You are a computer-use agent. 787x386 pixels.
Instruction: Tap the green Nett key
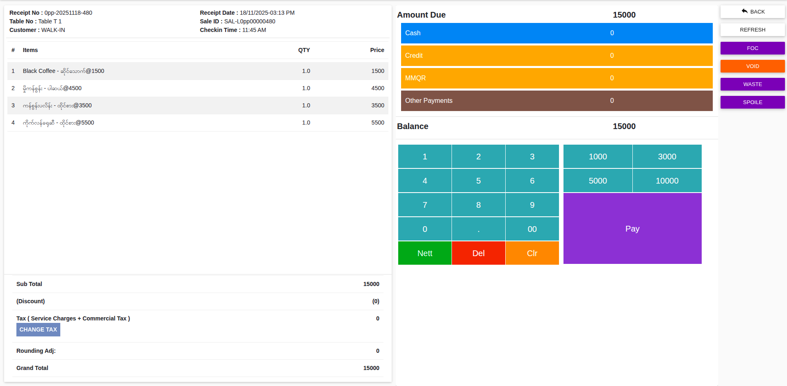click(x=424, y=253)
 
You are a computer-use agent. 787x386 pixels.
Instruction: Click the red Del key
click(x=478, y=253)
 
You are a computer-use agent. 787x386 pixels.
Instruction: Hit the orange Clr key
click(x=532, y=253)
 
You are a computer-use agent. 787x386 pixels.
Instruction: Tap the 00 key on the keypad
click(x=532, y=229)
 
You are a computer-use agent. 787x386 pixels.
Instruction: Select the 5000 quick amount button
click(x=598, y=181)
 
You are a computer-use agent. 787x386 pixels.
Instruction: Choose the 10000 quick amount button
click(x=667, y=181)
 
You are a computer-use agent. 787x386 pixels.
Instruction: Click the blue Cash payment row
click(x=557, y=33)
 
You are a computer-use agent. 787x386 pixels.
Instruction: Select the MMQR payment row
click(x=557, y=78)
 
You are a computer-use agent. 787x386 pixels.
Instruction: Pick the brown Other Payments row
click(x=557, y=101)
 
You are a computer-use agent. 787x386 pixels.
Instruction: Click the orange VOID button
click(x=752, y=66)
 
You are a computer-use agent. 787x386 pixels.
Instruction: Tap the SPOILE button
click(x=752, y=102)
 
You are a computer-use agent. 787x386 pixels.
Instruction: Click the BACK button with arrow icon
click(x=752, y=12)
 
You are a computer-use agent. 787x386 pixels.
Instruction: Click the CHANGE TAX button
click(x=38, y=330)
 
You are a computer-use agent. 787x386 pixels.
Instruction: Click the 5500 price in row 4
click(x=377, y=123)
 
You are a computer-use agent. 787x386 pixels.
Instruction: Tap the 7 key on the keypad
click(x=424, y=205)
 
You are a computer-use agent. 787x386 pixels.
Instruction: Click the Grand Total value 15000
click(x=371, y=368)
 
